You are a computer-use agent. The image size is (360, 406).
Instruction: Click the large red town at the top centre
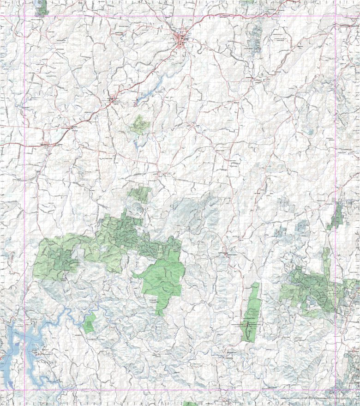(x=180, y=37)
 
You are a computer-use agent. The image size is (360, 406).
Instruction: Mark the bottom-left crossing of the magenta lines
(x=24, y=390)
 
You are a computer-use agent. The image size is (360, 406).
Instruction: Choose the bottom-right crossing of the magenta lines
(x=335, y=390)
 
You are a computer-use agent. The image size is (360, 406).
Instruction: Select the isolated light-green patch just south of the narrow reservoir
(x=139, y=125)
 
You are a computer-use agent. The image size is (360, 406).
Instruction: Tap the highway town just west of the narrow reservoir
(x=111, y=98)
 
